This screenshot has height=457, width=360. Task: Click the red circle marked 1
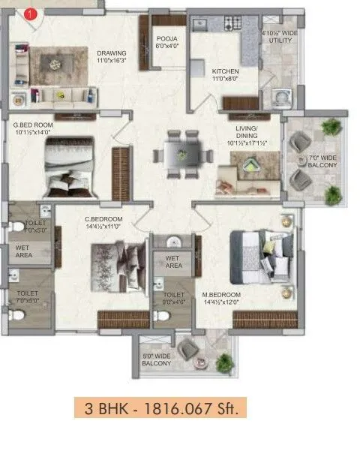(29, 14)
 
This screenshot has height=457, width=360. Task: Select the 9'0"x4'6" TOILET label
(173, 299)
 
